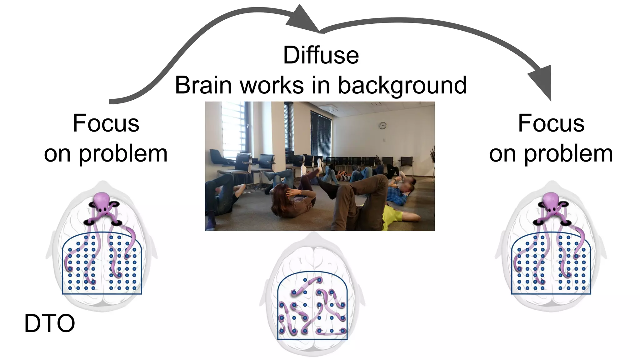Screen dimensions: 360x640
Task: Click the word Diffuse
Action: [321, 55]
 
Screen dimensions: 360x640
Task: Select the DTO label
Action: [50, 323]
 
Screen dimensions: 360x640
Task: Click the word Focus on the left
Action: [106, 123]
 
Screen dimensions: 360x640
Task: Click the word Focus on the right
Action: [551, 123]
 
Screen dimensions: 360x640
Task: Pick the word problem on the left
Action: [123, 154]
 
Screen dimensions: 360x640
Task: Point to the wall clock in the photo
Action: [382, 126]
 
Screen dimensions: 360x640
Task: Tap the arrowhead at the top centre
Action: [302, 19]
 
